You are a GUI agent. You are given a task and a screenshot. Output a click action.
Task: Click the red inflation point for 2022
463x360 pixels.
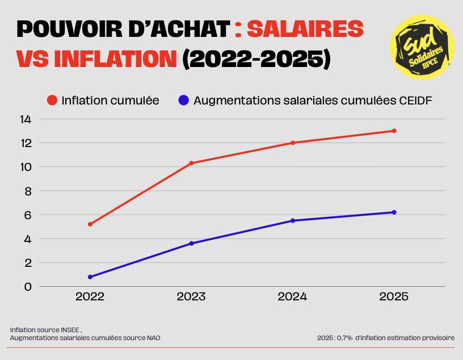click(x=90, y=224)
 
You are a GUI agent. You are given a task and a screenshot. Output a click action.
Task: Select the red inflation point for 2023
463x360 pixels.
click(x=191, y=163)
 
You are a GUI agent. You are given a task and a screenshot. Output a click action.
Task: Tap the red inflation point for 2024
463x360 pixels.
click(x=293, y=143)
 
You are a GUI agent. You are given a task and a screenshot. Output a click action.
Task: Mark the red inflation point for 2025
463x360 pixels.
click(x=394, y=131)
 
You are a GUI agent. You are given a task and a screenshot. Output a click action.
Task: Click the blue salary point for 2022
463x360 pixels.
click(x=90, y=277)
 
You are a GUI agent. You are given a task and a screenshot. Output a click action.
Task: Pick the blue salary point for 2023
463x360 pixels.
click(x=191, y=244)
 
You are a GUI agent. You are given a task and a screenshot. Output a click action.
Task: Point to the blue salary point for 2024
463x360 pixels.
click(x=293, y=221)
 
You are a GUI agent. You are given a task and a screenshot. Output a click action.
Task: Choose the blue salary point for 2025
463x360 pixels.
click(x=394, y=212)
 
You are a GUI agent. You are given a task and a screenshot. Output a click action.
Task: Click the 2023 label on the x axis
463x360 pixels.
click(x=191, y=297)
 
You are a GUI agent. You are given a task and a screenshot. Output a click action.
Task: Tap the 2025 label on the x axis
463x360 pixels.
click(x=394, y=297)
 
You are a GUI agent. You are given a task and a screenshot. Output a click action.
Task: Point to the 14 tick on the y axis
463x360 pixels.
click(x=26, y=119)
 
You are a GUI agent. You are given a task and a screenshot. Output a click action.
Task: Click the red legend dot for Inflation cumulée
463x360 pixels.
click(x=52, y=101)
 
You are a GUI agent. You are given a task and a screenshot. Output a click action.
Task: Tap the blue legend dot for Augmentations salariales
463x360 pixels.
click(x=183, y=101)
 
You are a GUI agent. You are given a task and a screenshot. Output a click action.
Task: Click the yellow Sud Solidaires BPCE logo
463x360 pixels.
click(x=422, y=47)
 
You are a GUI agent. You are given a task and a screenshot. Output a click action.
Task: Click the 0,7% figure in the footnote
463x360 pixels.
click(x=345, y=338)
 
